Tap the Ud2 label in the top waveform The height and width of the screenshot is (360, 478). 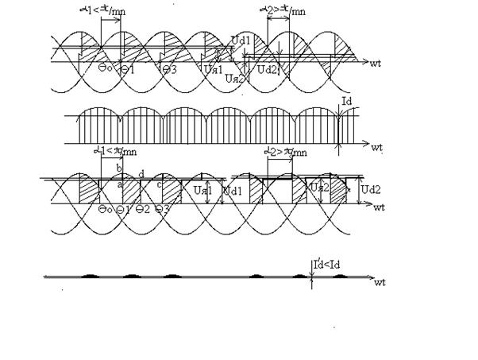[x=268, y=70]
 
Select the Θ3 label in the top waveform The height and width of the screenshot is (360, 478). [x=168, y=70]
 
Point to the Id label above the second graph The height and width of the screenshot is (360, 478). [x=346, y=102]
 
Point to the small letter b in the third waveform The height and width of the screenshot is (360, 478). [x=119, y=168]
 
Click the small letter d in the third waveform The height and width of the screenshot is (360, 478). [x=141, y=174]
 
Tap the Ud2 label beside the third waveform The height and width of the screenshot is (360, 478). [x=371, y=190]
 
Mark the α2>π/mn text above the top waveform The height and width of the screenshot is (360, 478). [x=283, y=10]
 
